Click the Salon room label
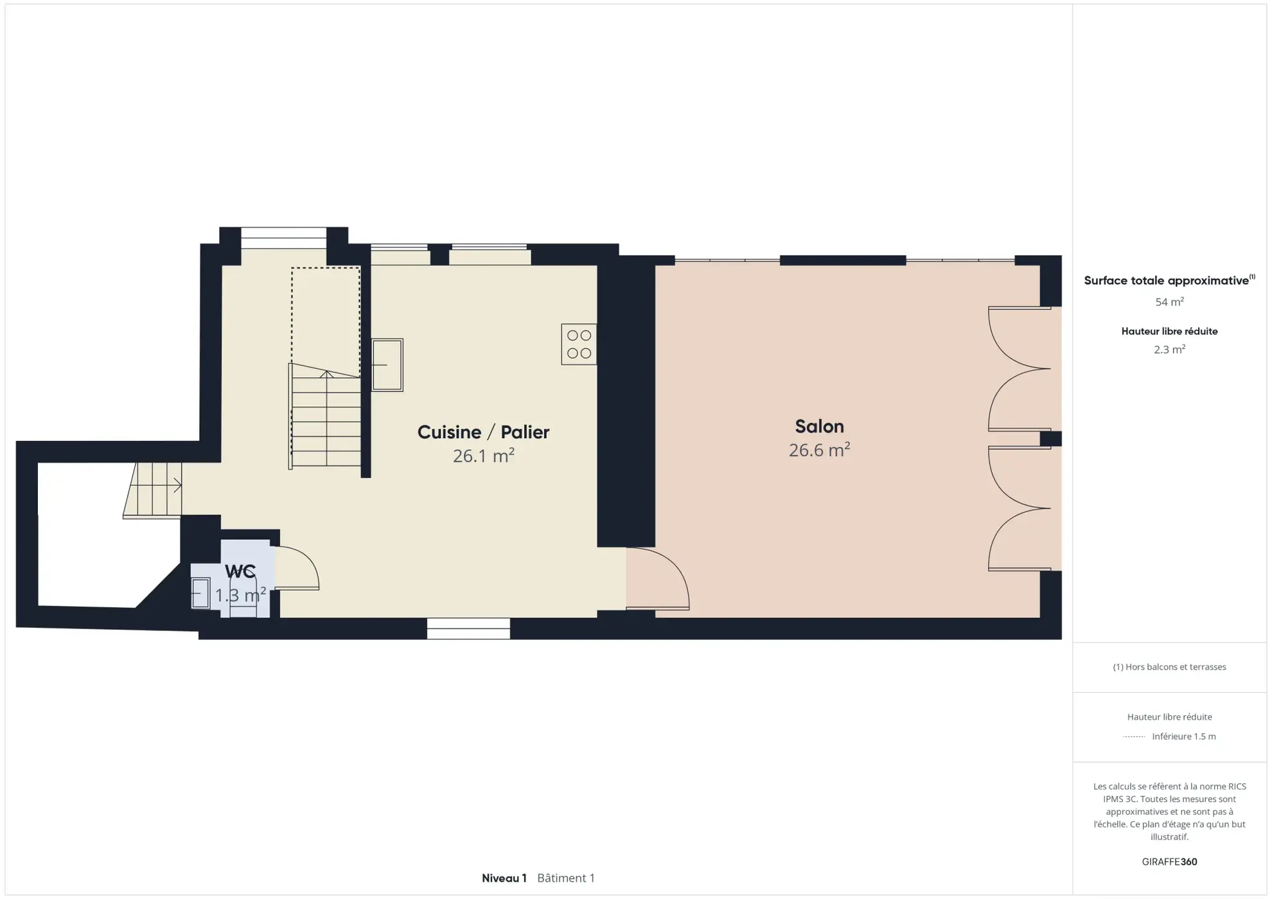(x=819, y=427)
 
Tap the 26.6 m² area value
(x=819, y=450)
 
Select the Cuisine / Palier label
(x=483, y=432)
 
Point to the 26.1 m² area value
(x=483, y=456)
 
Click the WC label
(x=240, y=571)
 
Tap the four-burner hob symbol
(x=579, y=344)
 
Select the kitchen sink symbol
(x=387, y=365)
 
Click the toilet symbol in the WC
(x=243, y=598)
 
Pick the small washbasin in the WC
(x=200, y=593)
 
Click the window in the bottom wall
(x=468, y=628)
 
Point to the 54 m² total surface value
(x=1169, y=302)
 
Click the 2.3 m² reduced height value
(x=1169, y=350)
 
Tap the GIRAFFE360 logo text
(x=1169, y=862)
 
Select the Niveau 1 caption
(x=504, y=878)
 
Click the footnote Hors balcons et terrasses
(x=1169, y=667)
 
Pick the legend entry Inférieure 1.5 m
(x=1183, y=736)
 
